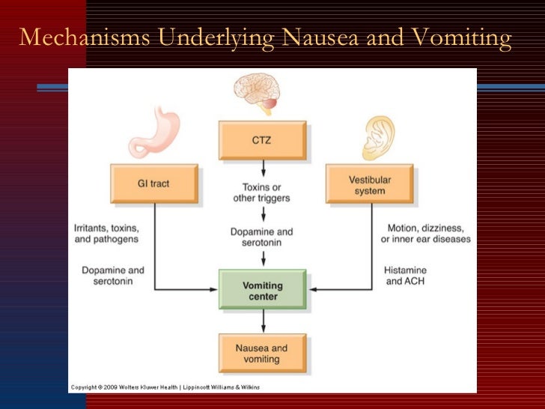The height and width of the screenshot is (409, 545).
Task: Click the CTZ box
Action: click(x=262, y=140)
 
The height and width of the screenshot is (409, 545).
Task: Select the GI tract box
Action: click(x=154, y=184)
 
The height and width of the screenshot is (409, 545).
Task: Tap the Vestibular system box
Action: click(x=370, y=184)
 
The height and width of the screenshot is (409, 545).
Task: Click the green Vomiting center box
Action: click(x=262, y=290)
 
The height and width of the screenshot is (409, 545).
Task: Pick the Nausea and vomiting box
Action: click(x=262, y=354)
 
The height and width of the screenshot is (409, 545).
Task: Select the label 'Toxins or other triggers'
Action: click(x=262, y=193)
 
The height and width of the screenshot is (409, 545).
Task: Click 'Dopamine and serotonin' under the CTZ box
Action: click(x=262, y=237)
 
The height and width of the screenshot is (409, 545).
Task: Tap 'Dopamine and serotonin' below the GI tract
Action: click(x=109, y=276)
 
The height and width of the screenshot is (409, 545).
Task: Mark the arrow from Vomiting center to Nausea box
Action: click(x=262, y=322)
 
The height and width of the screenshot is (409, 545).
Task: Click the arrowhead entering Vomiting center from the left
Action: click(x=215, y=289)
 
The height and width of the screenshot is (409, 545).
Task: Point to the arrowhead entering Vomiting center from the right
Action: click(x=310, y=289)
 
